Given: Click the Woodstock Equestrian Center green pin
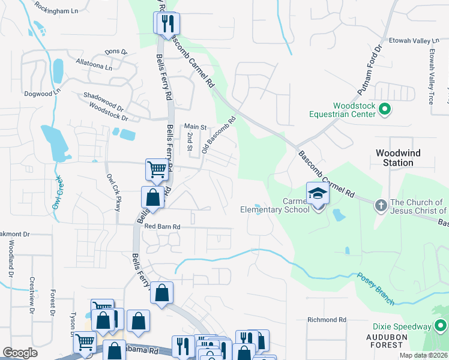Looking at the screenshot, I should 386,109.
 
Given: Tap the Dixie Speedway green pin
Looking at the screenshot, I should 442,326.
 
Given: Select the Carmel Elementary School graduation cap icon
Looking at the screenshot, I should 317,194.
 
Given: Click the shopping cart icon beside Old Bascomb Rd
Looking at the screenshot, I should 157,169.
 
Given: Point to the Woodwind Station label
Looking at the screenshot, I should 394,158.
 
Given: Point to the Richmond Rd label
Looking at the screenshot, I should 327,320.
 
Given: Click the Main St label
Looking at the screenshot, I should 195,127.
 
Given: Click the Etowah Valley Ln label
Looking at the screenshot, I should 411,41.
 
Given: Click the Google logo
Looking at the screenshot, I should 20,353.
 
